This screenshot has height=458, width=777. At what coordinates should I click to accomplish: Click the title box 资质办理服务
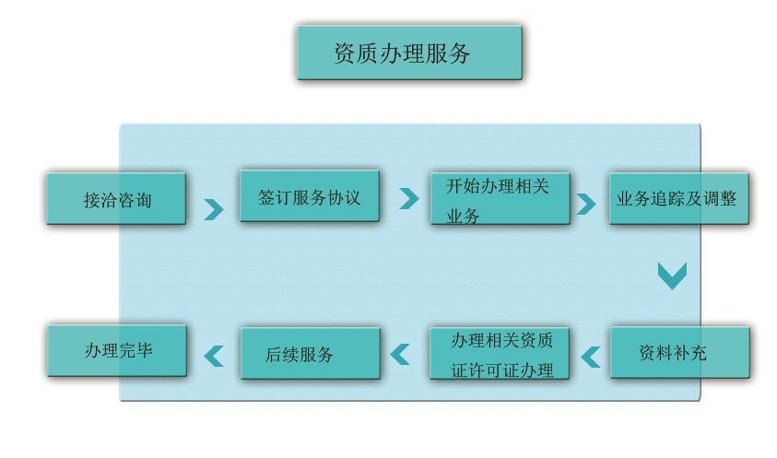(x=409, y=53)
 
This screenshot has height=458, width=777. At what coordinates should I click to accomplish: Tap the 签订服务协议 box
(x=309, y=196)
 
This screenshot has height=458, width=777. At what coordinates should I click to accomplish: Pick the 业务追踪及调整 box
(x=678, y=198)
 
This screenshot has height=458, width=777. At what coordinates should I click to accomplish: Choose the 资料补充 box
(x=678, y=352)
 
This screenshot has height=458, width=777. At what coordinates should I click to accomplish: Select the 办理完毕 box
(x=116, y=351)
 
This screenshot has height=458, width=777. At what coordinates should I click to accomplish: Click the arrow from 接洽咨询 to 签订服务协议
(x=213, y=209)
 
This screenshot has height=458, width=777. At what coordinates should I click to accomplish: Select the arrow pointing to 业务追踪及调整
(x=585, y=204)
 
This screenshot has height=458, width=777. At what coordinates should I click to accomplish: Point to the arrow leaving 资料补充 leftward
(x=590, y=356)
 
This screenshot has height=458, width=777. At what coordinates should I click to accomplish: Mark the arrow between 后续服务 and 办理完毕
(x=213, y=356)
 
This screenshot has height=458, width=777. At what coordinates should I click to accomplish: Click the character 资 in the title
(x=345, y=53)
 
